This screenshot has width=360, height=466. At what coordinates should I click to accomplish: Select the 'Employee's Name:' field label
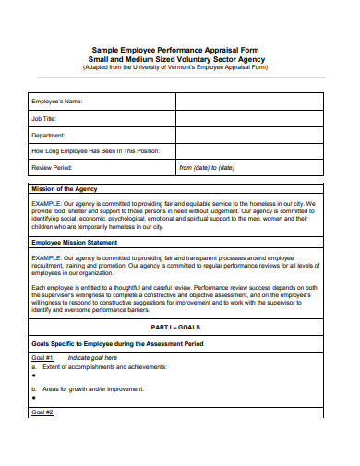pos(57,101)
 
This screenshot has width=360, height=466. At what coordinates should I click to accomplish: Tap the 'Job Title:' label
pos(45,117)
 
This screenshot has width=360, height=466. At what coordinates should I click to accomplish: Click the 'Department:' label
pos(49,135)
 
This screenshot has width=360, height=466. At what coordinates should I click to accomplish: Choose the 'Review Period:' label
pos(54,168)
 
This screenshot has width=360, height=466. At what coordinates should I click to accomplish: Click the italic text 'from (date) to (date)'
pos(207,168)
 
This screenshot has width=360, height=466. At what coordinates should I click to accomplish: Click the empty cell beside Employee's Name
pos(248,101)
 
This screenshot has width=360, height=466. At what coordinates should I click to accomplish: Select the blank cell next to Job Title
pos(248,117)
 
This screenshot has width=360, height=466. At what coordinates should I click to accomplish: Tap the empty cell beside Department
pos(248,135)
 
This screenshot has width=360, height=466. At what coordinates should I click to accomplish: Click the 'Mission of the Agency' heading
pos(66,189)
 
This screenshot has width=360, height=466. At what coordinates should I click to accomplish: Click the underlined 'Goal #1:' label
pos(43,357)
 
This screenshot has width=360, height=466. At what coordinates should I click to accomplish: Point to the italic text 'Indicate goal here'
pos(91,357)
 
